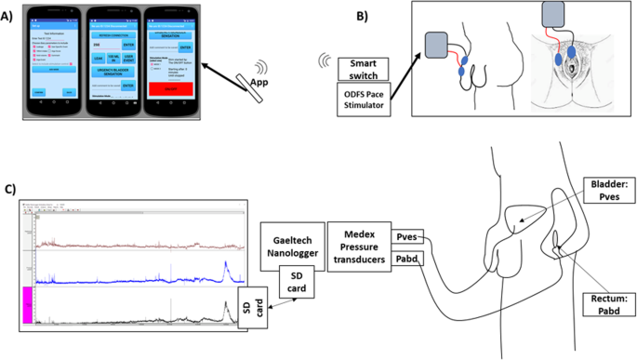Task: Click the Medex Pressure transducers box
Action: click(x=360, y=244)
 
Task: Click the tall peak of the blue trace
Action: click(x=227, y=268)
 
